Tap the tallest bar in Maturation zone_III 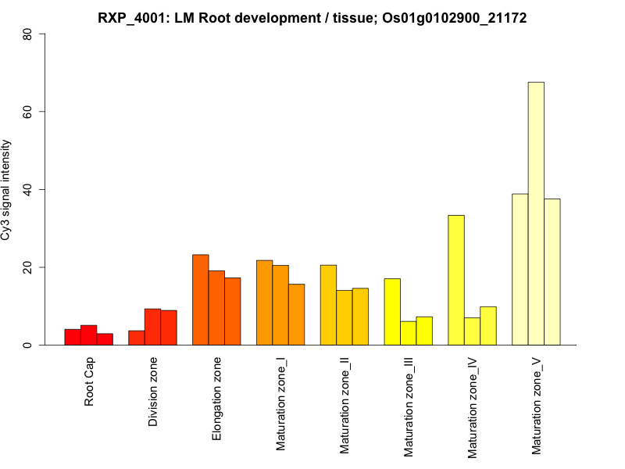392,312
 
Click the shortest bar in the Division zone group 137,338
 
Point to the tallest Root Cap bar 88,335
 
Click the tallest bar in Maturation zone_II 328,305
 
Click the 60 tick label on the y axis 28,112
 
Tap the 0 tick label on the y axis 28,345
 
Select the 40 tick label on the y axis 28,189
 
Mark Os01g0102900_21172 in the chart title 455,18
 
